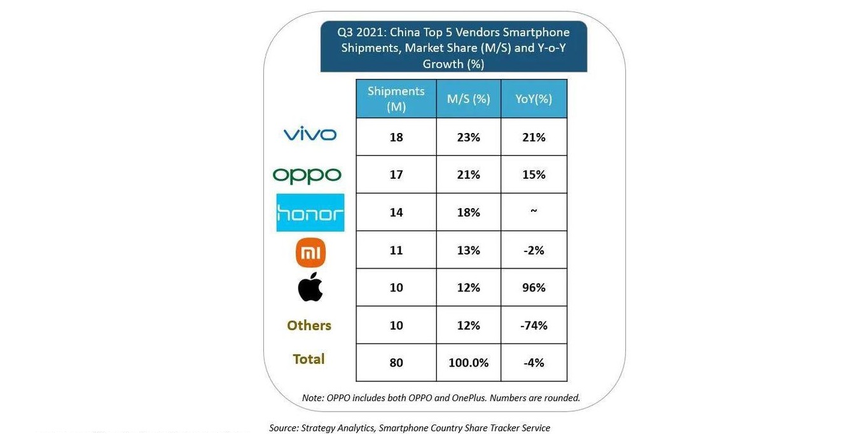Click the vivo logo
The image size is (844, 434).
pos(310,134)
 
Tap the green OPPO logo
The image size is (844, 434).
pos(307,175)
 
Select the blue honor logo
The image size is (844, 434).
pos(310,213)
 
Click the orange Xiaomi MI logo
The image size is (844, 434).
pos(310,253)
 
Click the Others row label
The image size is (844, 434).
pos(309,325)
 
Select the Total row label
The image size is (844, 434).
pos(309,359)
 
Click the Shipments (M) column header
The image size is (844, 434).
pos(396,99)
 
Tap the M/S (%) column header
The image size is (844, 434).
pos(468,99)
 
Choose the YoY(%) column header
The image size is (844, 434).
pos(534,99)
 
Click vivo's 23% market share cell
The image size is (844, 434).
pos(468,137)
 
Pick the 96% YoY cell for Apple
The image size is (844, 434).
pos(534,288)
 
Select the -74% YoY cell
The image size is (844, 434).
pos(534,325)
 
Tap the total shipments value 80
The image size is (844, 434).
pos(396,363)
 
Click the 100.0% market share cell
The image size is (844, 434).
pos(468,363)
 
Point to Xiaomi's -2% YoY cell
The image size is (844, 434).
pos(534,250)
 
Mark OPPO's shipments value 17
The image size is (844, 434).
pos(396,174)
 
